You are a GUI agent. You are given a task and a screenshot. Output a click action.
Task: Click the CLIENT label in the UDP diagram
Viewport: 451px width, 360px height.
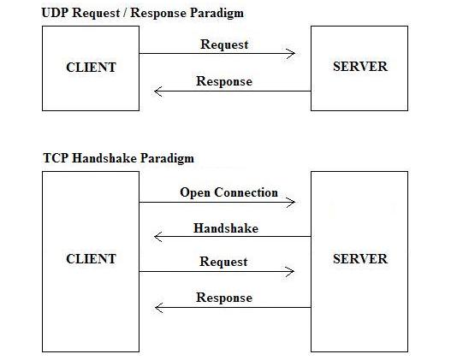[91, 67]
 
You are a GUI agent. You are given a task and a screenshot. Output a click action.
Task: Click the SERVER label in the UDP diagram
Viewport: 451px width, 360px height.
[359, 67]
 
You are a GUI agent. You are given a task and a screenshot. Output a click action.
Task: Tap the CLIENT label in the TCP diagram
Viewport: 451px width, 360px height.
[91, 259]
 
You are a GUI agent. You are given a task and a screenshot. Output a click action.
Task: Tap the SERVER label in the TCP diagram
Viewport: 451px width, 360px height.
[359, 259]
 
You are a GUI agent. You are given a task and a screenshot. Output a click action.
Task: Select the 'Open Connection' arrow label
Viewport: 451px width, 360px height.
[228, 192]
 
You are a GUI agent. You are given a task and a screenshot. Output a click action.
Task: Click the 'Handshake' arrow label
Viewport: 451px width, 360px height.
[225, 228]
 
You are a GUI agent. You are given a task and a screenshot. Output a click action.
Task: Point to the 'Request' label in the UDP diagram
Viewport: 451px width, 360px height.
[223, 44]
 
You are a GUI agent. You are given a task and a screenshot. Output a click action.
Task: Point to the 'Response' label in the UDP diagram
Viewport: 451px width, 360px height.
[224, 81]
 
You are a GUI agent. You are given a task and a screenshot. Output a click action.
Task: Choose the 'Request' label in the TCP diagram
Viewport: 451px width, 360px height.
[223, 262]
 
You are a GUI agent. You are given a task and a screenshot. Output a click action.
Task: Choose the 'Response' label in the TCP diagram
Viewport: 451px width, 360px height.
[224, 298]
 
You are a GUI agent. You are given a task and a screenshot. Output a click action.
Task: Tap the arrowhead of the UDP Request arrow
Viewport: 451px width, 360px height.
[292, 54]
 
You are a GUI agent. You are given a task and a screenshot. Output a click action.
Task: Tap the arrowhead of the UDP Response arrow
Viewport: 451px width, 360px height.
[158, 91]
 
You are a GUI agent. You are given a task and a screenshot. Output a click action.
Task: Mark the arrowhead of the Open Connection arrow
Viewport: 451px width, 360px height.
[292, 203]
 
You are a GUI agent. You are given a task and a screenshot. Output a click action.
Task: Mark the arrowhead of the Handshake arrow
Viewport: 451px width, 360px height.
[158, 237]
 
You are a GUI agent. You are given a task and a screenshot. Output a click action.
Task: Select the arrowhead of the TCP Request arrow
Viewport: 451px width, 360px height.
[292, 272]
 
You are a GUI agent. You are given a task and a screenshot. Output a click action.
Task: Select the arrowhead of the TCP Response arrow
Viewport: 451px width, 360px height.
[158, 307]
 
